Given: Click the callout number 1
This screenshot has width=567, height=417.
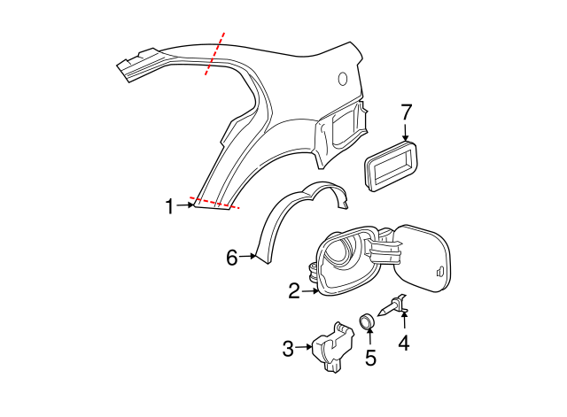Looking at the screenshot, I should point(169,206).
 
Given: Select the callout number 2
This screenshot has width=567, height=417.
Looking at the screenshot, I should point(294,290).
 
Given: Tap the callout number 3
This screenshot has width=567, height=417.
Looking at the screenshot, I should point(288,350).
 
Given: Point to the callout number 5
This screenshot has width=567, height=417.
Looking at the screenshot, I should point(371,358).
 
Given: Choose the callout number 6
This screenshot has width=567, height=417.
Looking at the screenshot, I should point(232,258).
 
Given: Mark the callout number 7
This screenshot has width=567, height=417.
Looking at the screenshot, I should point(407,112).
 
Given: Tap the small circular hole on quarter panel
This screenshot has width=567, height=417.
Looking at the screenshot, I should point(343,80).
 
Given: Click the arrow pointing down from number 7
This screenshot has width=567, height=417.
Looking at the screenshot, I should point(407,133).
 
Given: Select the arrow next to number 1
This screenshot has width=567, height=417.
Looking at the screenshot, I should point(186,206).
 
